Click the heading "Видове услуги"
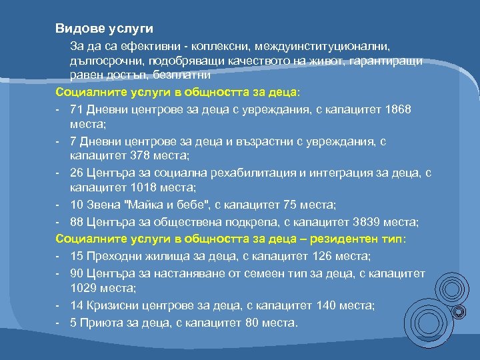(105, 29)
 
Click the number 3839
(367, 221)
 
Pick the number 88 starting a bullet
(75, 221)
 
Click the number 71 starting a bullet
(75, 109)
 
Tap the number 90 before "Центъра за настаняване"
(75, 272)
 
